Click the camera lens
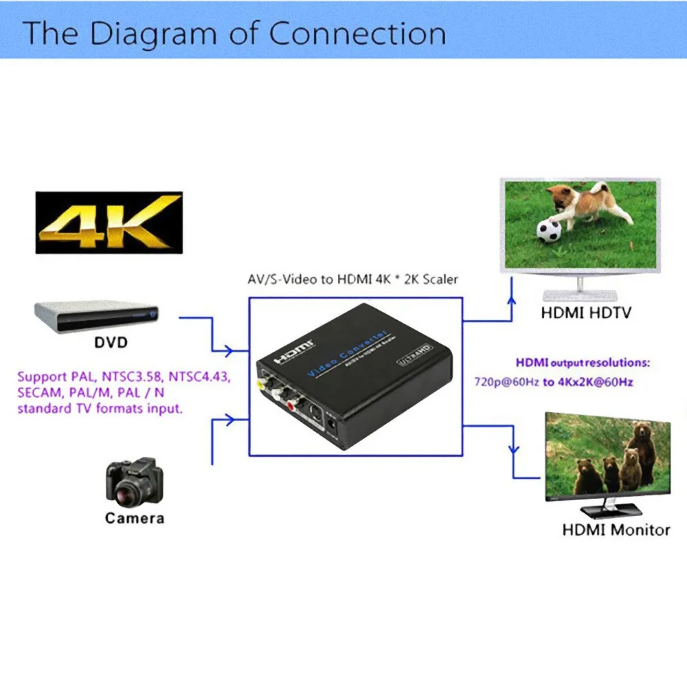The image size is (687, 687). (x=127, y=488)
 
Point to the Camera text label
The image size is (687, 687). (x=135, y=518)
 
